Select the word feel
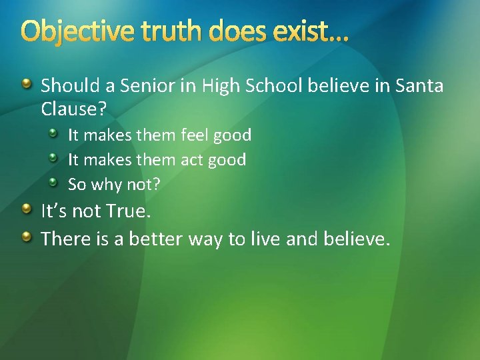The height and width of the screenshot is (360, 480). pos(196,135)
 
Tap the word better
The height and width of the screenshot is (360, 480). pos(155,239)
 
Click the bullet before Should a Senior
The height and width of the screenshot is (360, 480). pos(26,85)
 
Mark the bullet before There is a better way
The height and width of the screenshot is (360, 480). pos(26,237)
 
